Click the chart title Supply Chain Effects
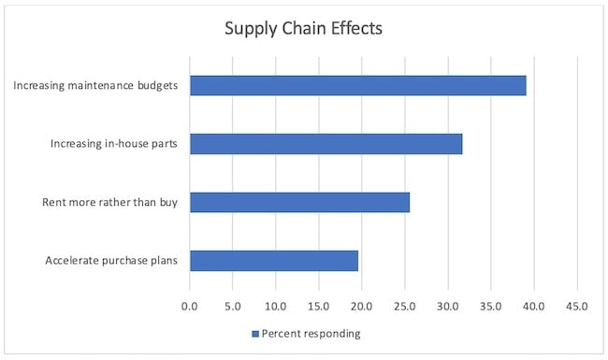point(303,28)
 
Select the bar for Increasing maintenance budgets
point(358,85)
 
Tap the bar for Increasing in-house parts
point(326,143)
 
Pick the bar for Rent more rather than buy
point(300,202)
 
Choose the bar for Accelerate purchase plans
point(274,260)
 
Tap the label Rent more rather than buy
point(111,202)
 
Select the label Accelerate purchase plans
point(112,260)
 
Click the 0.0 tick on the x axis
point(190,305)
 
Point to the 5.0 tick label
point(233,305)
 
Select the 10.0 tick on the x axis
point(276,305)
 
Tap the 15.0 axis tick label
point(319,305)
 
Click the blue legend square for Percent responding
point(254,334)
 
